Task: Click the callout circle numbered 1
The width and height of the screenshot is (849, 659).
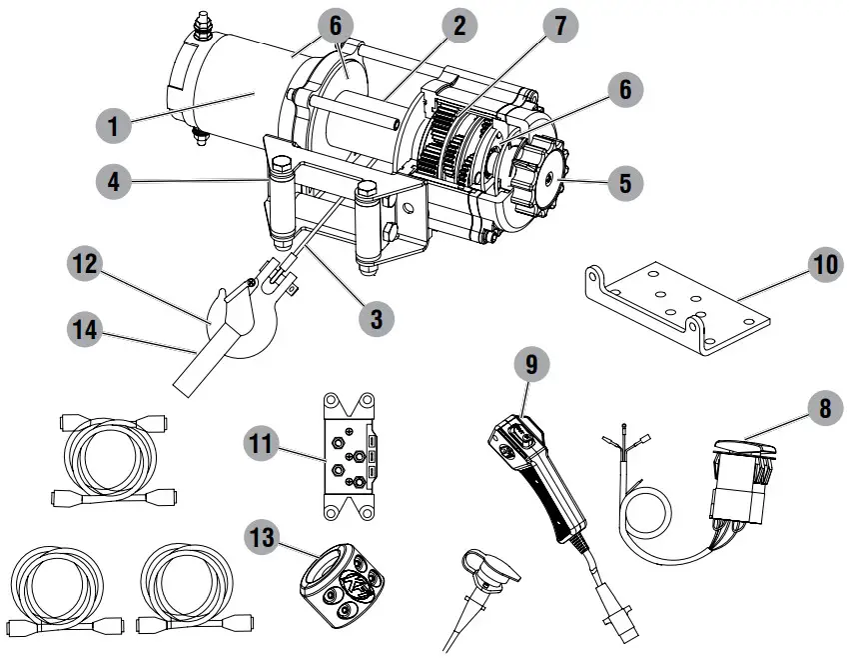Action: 115,127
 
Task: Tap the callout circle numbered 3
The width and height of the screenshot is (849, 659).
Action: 376,319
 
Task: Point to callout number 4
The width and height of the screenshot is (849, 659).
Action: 115,183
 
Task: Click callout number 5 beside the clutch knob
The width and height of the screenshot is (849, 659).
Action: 624,184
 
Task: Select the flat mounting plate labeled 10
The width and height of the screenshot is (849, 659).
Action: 679,305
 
